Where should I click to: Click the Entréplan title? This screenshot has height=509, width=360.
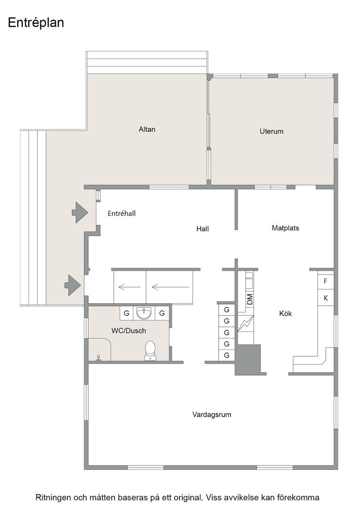click(x=36, y=23)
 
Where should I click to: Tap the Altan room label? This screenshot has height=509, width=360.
click(x=147, y=129)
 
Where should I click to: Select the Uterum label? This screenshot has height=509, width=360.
click(x=271, y=131)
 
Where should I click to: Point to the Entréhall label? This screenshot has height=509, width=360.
click(x=121, y=213)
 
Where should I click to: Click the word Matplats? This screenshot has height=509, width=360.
click(x=285, y=228)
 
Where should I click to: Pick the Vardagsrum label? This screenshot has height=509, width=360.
click(x=212, y=414)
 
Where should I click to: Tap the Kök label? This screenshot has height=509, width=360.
click(x=285, y=313)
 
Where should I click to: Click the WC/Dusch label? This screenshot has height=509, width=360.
click(x=129, y=330)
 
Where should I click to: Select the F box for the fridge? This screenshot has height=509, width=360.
click(x=325, y=281)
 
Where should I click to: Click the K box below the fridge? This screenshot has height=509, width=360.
click(x=325, y=298)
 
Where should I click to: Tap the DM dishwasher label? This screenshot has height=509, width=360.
click(x=250, y=299)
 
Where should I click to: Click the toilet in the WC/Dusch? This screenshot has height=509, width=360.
click(x=150, y=350)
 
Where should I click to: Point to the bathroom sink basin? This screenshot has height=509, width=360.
click(x=144, y=313)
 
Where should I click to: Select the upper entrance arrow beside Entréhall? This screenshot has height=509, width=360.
click(x=80, y=212)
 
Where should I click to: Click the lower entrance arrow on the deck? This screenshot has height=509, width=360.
click(x=73, y=285)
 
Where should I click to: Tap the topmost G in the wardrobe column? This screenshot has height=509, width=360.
click(x=226, y=309)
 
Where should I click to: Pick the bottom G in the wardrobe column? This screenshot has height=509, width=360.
click(x=226, y=355)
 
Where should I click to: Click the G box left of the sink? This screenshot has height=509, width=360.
click(x=127, y=313)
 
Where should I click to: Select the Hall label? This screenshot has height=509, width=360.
click(x=203, y=229)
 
